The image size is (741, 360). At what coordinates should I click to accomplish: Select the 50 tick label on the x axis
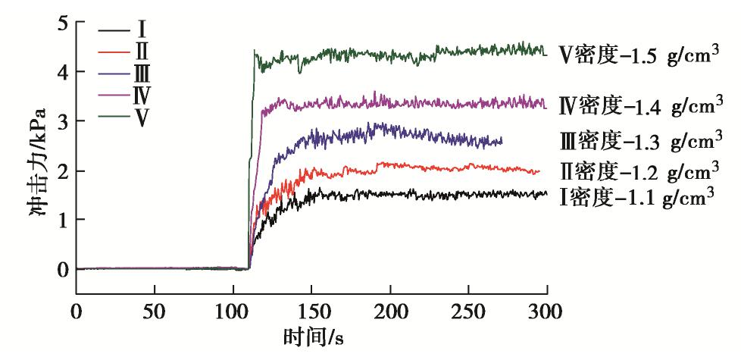154,311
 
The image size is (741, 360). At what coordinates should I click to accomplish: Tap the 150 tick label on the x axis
311,311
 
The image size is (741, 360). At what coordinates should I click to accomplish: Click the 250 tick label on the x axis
467,311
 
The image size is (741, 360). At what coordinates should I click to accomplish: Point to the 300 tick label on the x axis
546,311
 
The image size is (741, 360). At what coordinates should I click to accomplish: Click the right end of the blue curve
502,142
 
